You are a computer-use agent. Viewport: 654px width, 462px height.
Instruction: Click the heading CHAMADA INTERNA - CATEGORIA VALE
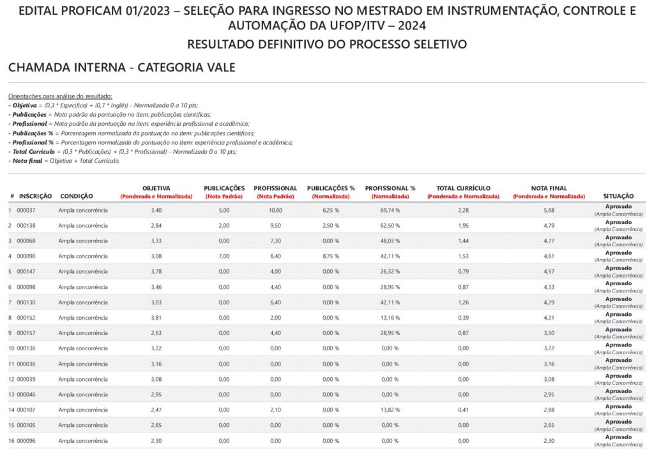[x=122, y=68]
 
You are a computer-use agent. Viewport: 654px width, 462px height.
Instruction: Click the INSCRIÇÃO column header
[x=36, y=196]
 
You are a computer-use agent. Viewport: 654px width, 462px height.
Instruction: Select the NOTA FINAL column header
[x=549, y=188]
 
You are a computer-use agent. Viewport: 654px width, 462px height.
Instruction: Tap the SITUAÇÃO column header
[x=618, y=196]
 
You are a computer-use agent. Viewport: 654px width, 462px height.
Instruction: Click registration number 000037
[x=26, y=210]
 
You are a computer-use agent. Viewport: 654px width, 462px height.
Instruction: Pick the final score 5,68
[x=549, y=210]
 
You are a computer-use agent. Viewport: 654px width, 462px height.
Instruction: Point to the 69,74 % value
[x=390, y=210]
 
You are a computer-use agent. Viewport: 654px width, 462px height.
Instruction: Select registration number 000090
[x=26, y=256]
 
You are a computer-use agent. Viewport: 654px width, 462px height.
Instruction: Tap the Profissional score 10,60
[x=275, y=210]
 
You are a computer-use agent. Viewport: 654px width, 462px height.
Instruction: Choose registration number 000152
[x=26, y=317]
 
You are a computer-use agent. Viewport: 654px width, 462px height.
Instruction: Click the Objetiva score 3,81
[x=156, y=317]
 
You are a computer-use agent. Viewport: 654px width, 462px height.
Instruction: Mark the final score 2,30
[x=549, y=440]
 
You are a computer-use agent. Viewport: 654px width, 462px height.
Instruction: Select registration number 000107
[x=26, y=410]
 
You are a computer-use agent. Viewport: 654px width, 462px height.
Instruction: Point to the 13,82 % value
[x=390, y=410]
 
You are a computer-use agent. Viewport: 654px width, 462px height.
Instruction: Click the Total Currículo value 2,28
[x=463, y=210]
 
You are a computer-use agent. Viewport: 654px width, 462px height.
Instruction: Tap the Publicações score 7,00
[x=224, y=256]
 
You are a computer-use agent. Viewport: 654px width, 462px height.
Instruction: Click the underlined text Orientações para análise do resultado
[x=60, y=95]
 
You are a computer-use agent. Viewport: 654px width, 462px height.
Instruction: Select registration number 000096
[x=26, y=440]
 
